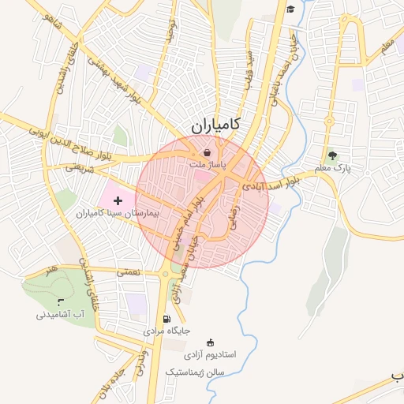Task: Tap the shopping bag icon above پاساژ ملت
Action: pyautogui.click(x=207, y=152)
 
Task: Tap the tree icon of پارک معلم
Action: pyautogui.click(x=331, y=155)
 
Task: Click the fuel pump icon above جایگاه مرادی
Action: pyautogui.click(x=166, y=320)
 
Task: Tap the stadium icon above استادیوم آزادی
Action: pyautogui.click(x=210, y=342)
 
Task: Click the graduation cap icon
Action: pyautogui.click(x=290, y=9)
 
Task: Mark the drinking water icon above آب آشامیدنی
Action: pyautogui.click(x=60, y=302)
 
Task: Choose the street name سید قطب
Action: pyautogui.click(x=249, y=69)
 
